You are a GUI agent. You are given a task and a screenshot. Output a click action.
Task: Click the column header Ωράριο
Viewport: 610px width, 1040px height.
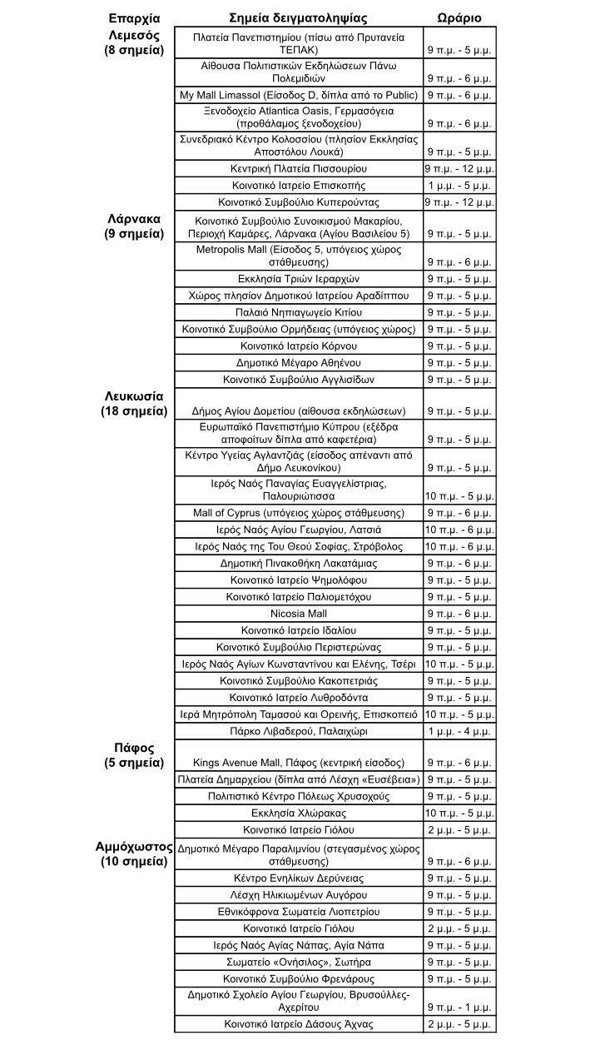point(459,18)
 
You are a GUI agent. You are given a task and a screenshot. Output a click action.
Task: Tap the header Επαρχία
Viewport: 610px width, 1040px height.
point(134,18)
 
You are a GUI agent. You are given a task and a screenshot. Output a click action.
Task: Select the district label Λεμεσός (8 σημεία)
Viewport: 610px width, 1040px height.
point(134,43)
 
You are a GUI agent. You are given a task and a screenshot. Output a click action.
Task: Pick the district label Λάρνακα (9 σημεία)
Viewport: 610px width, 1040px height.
point(134,226)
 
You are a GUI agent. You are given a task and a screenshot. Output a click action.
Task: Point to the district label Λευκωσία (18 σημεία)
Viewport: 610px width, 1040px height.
point(134,404)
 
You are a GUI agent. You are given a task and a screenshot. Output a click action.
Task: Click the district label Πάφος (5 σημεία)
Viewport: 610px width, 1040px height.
point(134,755)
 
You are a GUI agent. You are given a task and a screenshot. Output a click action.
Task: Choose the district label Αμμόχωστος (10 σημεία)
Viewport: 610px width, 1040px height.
point(134,854)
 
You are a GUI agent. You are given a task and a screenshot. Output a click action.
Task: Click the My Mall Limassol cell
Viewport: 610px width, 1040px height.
point(298,96)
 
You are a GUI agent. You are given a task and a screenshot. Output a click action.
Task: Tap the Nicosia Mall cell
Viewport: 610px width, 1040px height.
point(298,614)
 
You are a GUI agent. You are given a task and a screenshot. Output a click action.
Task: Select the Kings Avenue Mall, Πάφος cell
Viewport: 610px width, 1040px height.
point(298,763)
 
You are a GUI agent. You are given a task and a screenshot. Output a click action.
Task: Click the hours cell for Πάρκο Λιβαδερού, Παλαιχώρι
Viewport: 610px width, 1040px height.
point(459,732)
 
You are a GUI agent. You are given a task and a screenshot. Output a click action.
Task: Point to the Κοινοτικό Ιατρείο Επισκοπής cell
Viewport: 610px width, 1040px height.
point(298,186)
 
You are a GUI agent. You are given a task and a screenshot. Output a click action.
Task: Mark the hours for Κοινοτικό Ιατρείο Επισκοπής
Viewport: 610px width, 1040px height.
point(459,186)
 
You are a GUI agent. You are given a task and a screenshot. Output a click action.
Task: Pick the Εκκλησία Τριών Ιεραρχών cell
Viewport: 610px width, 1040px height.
point(298,279)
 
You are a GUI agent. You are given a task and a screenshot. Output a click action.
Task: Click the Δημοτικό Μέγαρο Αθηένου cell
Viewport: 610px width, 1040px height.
point(298,363)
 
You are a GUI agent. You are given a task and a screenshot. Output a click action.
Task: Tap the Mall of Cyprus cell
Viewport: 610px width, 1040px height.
point(298,513)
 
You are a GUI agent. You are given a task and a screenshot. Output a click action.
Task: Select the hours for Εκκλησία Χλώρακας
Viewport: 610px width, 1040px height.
point(459,814)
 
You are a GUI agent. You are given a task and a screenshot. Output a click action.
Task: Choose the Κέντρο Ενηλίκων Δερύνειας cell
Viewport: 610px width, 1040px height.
point(298,878)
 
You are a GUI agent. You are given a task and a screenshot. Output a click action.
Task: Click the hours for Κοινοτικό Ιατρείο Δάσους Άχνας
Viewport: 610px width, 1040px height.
point(459,1024)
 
